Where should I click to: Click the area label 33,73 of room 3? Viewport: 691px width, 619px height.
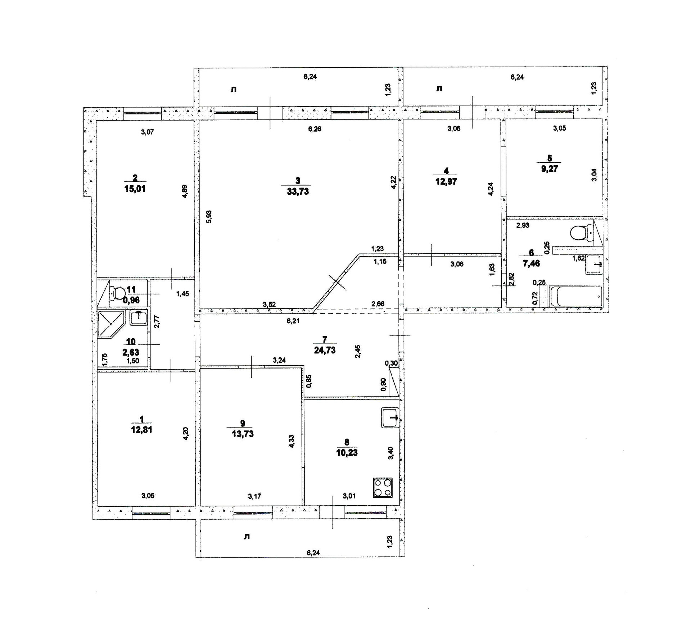pos(298,191)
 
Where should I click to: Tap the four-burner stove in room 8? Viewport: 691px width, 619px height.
pos(383,488)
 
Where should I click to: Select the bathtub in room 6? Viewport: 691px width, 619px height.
pos(575,296)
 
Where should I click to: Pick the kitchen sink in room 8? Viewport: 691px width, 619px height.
pos(390,417)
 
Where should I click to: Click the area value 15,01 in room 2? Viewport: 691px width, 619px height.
pos(135,189)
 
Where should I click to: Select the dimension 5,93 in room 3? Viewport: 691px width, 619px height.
pos(209,217)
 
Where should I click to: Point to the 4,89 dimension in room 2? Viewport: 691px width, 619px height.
pos(184,191)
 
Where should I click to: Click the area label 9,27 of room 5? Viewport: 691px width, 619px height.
pos(549,168)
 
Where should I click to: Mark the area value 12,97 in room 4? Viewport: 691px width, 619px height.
pos(446,181)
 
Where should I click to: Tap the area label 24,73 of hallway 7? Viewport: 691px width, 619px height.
pos(325,350)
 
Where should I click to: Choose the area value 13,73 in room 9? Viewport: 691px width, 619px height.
pos(243,434)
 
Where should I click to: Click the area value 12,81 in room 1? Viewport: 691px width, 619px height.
pos(141,430)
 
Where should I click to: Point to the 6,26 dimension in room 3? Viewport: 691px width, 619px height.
pos(315,129)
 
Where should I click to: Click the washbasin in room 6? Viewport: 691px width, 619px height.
pos(594,265)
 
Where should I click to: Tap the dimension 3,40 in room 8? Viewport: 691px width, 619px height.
pos(390,453)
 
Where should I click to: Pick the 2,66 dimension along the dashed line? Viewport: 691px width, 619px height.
pos(378,304)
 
